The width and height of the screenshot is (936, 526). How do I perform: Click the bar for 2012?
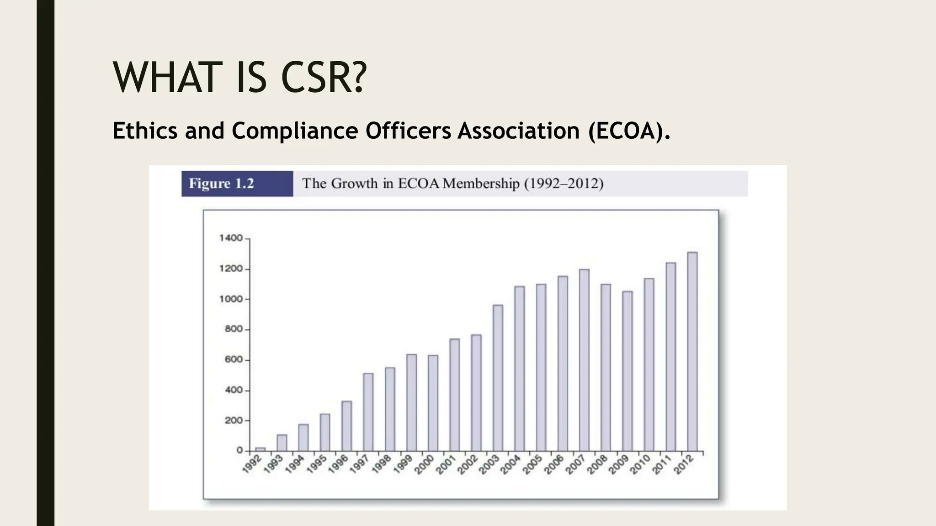pos(692,352)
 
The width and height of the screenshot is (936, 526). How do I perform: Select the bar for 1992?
pos(260,449)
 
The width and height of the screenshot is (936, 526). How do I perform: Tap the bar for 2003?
pos(498,378)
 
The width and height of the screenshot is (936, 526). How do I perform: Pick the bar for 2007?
pos(584,360)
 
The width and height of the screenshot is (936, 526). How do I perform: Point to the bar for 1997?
pos(368,412)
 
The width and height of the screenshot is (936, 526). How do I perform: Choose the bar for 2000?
pos(433,403)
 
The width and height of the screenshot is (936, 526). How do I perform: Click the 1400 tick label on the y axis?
pos(231,238)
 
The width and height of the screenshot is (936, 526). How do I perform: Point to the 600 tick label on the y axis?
pos(234,360)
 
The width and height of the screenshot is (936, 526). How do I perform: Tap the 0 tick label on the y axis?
pos(239,451)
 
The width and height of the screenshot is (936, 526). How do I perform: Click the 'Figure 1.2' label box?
pos(237,184)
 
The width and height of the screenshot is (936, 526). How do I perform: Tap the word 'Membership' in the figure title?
pos(481,184)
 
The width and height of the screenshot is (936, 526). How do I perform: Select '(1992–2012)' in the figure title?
pos(564,184)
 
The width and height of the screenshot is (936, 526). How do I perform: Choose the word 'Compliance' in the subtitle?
pos(295,131)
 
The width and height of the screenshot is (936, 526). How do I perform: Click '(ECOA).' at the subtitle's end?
pos(629,131)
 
